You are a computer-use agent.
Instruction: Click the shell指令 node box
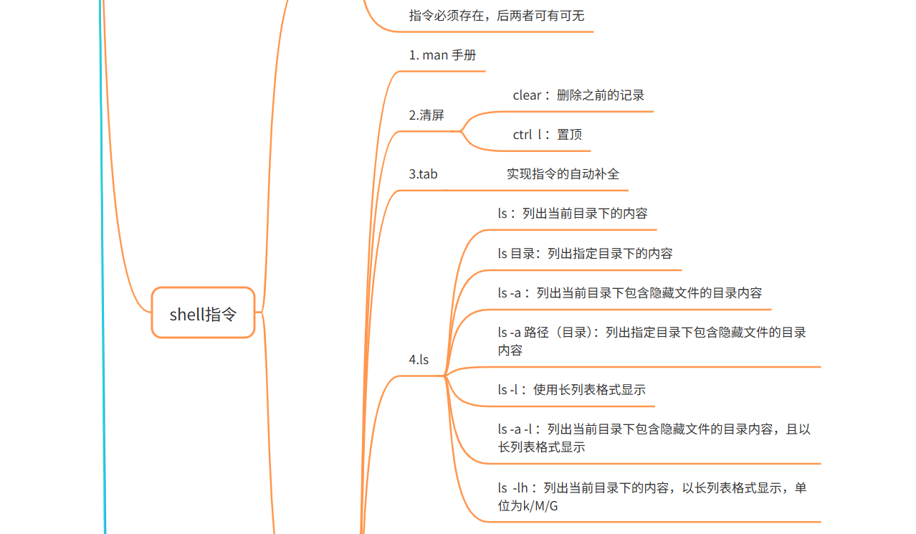click(203, 313)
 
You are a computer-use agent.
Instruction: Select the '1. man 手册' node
click(442, 55)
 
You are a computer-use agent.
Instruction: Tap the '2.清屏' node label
click(426, 115)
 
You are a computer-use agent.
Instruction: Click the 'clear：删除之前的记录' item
click(578, 95)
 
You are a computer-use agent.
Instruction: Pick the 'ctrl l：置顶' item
click(547, 135)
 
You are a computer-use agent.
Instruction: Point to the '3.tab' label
click(423, 174)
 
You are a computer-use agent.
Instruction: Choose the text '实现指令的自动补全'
click(563, 174)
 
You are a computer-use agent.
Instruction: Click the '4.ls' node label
click(419, 359)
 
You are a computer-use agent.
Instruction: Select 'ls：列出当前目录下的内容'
click(573, 214)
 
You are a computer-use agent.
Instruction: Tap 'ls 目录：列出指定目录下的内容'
click(585, 254)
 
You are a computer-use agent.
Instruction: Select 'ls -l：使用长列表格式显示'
click(571, 390)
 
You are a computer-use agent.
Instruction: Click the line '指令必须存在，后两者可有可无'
click(496, 16)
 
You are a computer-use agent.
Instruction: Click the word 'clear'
click(527, 95)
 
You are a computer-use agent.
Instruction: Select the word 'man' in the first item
click(435, 55)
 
